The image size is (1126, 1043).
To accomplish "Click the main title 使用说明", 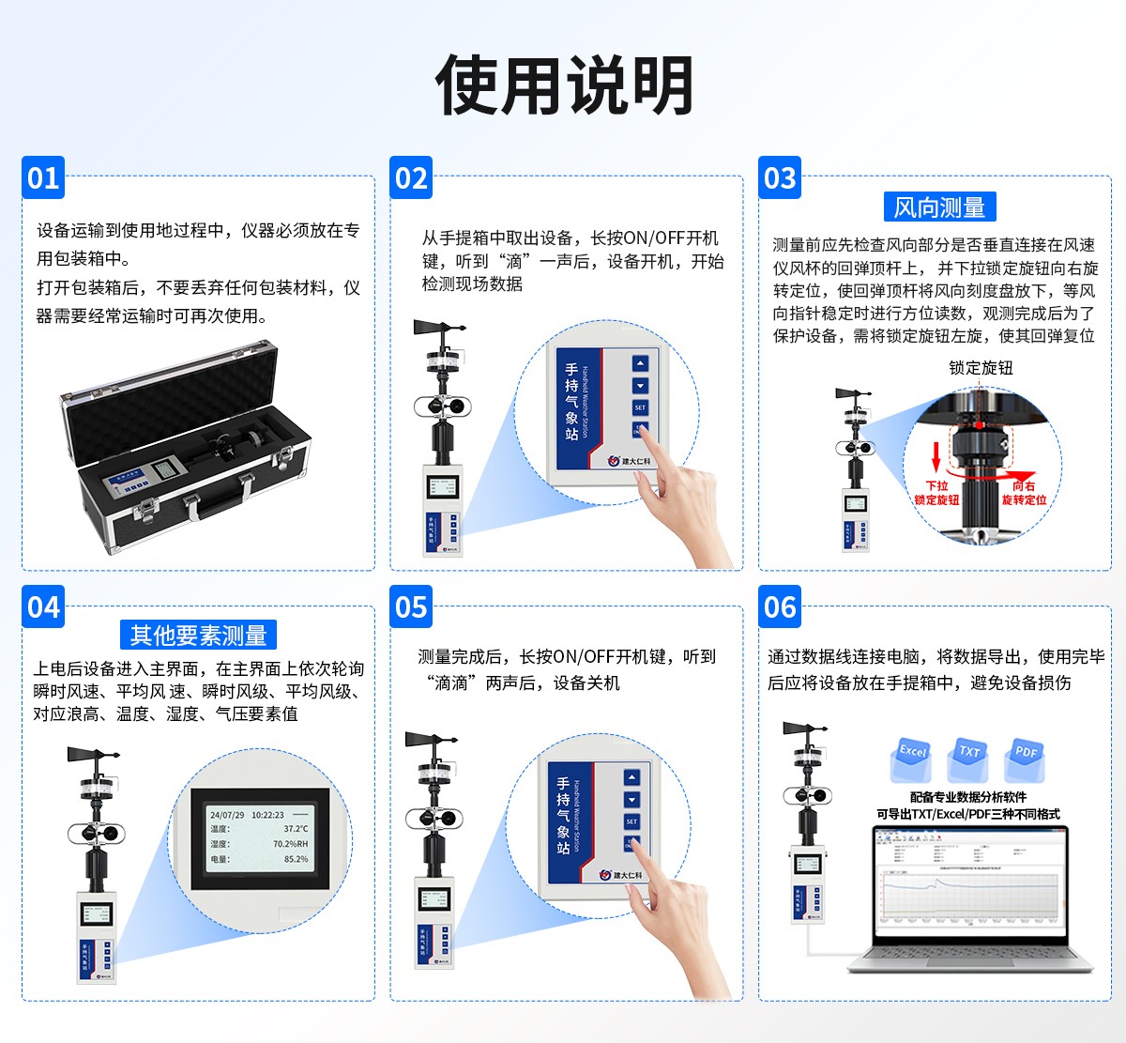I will [564, 84].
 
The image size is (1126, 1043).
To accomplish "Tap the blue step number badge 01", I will [43, 178].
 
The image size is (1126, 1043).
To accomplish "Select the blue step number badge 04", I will [43, 607].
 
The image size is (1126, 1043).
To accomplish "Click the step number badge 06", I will [780, 607].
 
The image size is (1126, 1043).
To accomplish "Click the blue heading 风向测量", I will [939, 207].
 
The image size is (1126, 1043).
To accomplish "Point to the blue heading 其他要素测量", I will [198, 636].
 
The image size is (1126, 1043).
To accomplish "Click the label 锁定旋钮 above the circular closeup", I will [981, 368].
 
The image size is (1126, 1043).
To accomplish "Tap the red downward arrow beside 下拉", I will [936, 459].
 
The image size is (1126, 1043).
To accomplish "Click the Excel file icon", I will [911, 759].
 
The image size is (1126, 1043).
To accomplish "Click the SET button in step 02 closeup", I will [640, 407].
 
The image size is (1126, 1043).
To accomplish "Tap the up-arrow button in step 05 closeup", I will [631, 777].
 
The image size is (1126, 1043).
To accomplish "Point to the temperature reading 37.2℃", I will [296, 829].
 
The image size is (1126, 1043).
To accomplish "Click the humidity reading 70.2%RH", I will [290, 844].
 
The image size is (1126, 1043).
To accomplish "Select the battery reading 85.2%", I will [296, 859].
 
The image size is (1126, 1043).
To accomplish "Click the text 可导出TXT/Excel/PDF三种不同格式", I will [967, 814].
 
